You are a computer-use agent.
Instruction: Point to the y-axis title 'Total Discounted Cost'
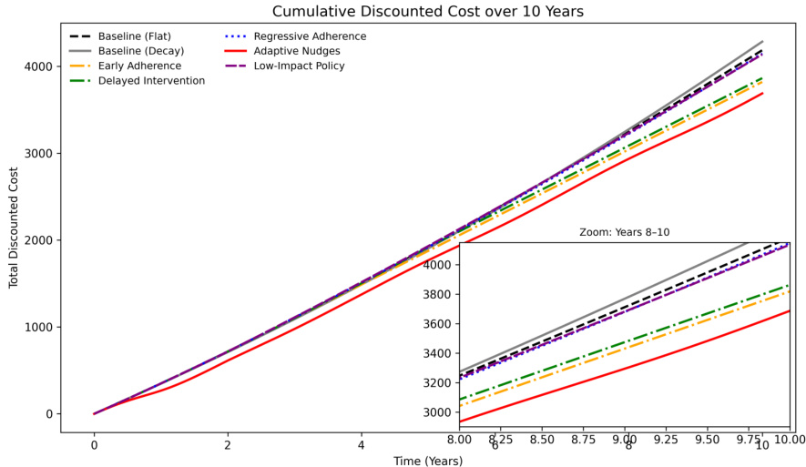14,227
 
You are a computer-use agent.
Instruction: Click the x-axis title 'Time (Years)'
427,461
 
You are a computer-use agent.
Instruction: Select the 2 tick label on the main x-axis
228,444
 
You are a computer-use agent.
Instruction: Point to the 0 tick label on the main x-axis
94,444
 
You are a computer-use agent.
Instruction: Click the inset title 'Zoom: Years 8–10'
624,233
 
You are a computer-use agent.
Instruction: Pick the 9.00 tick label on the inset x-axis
624,440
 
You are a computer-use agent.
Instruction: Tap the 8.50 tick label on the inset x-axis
542,440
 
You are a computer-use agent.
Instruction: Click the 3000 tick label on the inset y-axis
440,412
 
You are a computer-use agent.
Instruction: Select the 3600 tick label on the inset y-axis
440,324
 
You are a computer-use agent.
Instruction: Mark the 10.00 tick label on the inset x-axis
789,440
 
